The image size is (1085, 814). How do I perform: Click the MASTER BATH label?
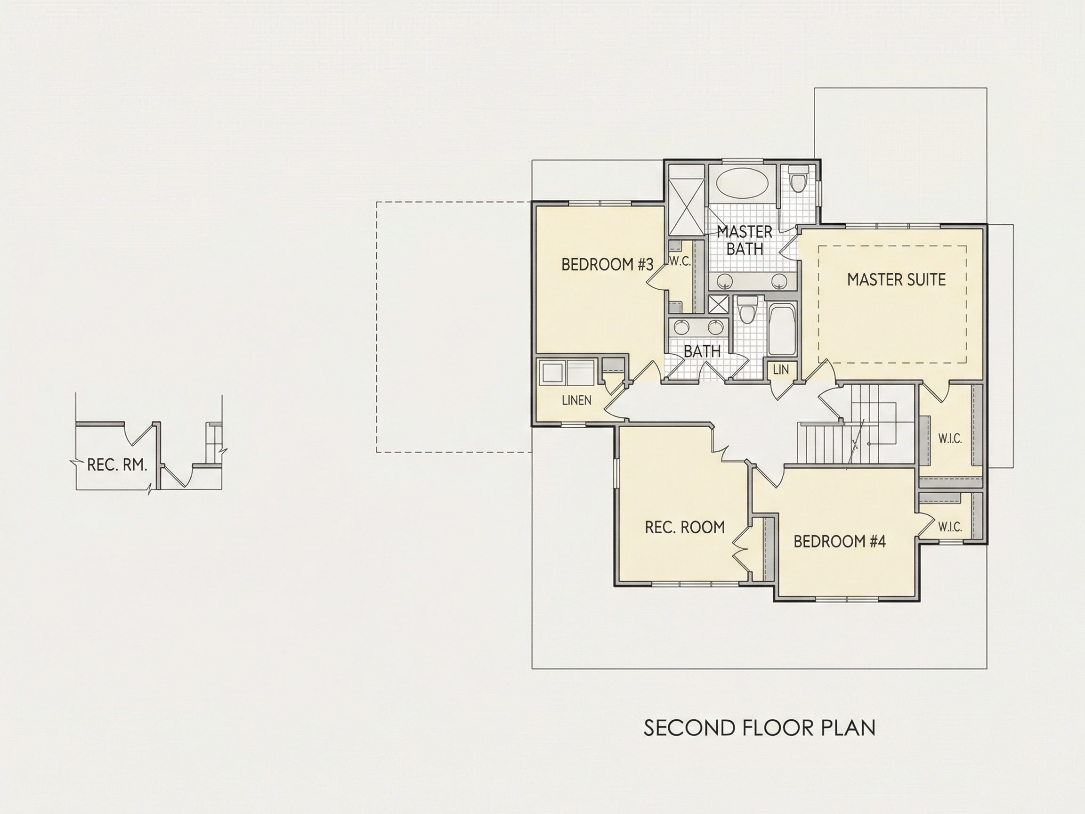745,240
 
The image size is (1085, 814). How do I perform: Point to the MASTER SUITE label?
896,280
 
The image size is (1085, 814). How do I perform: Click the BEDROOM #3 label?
607,265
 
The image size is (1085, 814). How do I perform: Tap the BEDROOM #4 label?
840,542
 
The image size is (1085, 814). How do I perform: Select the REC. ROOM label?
685,528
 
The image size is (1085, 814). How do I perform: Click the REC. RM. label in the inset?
117,464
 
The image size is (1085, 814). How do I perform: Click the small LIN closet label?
780,370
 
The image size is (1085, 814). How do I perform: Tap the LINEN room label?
577,400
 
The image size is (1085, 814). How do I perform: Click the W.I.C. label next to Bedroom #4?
950,528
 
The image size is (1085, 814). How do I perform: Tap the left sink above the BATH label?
680,327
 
